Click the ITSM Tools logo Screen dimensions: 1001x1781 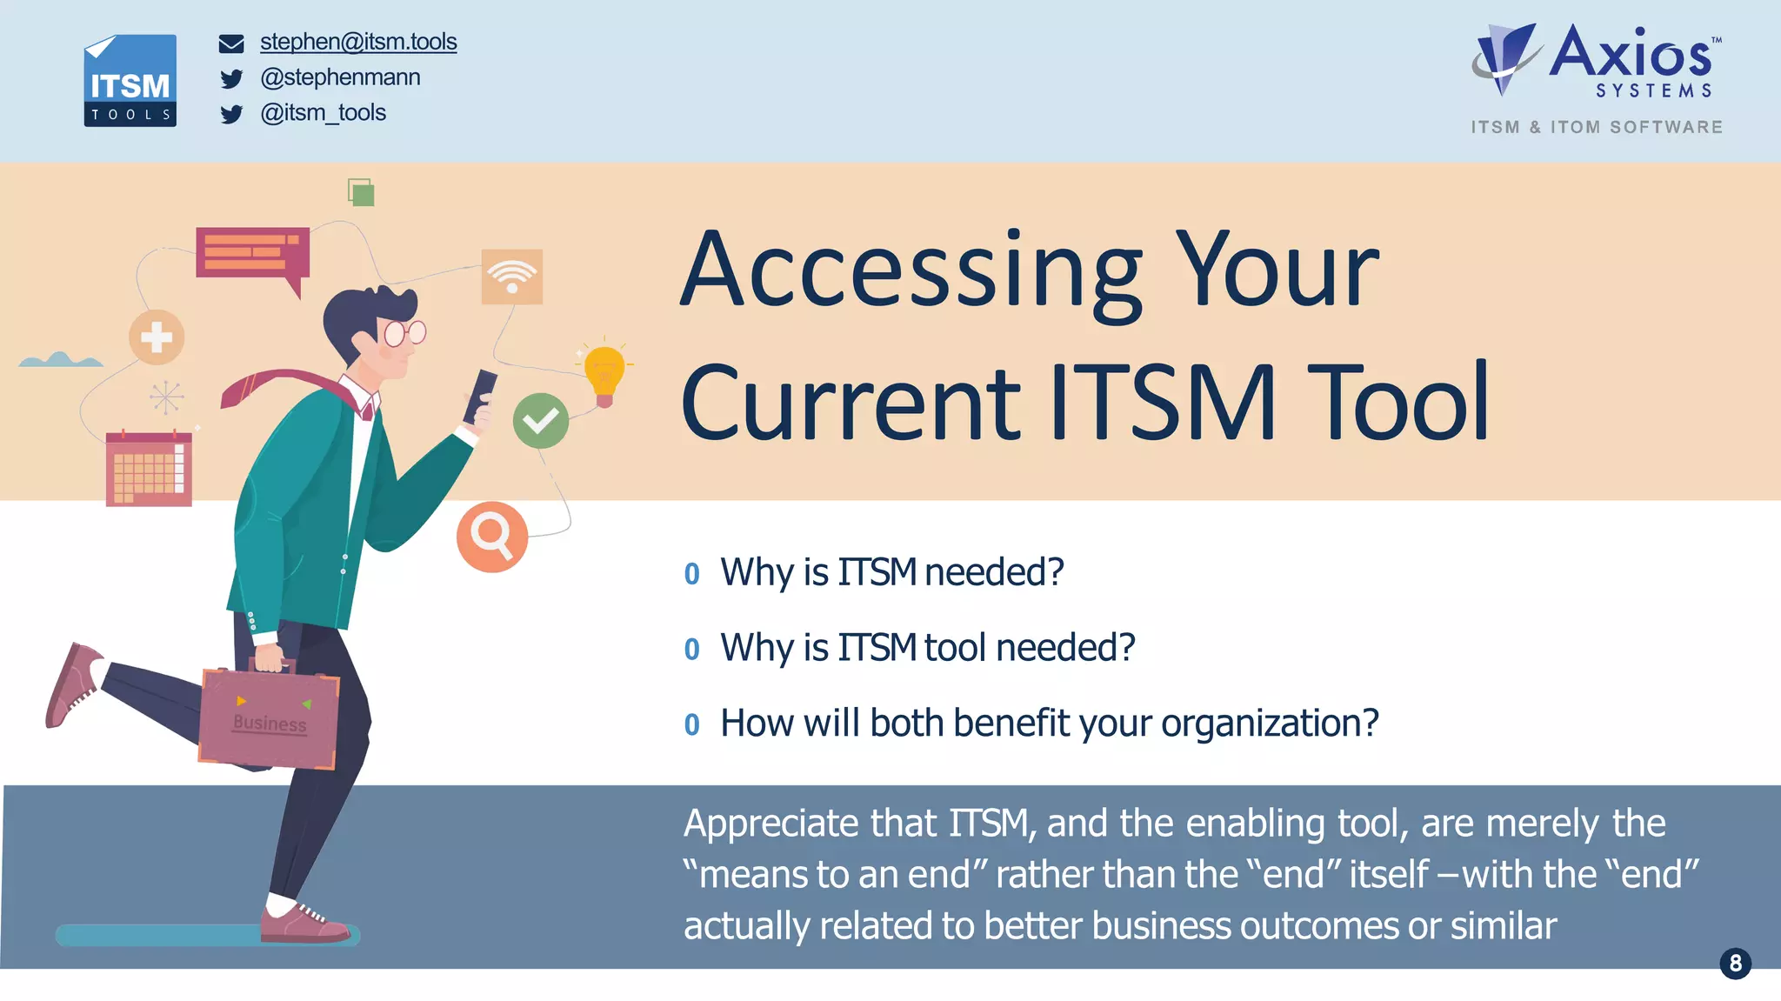point(130,81)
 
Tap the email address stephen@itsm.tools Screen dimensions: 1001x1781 point(358,42)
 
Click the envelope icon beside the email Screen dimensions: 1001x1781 point(231,43)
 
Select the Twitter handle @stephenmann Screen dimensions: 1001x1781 point(340,77)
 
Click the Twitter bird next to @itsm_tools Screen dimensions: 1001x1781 point(231,115)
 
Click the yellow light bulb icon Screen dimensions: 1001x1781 point(604,372)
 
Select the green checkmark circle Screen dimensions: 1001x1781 point(541,421)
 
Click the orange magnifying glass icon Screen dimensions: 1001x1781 point(492,537)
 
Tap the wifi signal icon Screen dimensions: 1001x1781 point(512,277)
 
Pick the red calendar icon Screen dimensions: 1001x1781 point(149,469)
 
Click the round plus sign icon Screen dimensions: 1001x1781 point(157,337)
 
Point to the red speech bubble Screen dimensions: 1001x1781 point(252,254)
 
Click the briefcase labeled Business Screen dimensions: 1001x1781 point(269,718)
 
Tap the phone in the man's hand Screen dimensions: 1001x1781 point(481,396)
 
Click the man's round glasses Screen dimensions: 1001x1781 point(404,333)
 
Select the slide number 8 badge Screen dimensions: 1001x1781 point(1735,963)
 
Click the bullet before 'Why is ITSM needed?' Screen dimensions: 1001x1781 point(692,574)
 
